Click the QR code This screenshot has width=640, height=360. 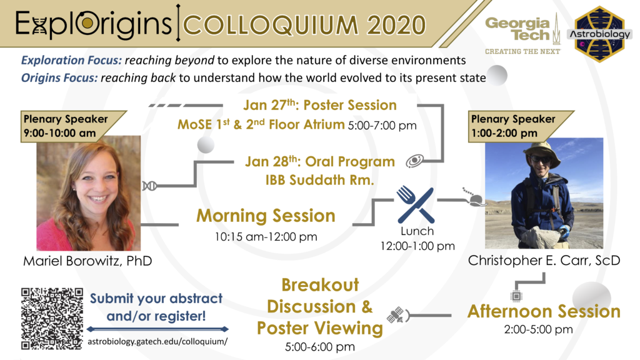52,319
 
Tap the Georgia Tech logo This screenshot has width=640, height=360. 523,35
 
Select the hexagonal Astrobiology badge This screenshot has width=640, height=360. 599,34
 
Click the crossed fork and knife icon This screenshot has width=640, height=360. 416,205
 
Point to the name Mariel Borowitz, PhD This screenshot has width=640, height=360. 87,261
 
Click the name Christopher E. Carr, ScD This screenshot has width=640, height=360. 544,261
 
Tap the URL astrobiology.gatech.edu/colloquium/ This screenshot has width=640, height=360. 157,342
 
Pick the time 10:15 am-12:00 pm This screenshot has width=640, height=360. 266,237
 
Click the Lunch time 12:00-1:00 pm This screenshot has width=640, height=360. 417,246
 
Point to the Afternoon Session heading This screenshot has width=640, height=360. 544,311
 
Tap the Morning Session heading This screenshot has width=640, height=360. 266,216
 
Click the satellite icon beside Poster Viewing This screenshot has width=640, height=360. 395,315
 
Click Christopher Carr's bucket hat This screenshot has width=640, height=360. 542,150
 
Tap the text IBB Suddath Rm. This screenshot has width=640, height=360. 319,180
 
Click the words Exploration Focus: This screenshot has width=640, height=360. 71,61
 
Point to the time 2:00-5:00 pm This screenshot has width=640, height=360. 538,329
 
